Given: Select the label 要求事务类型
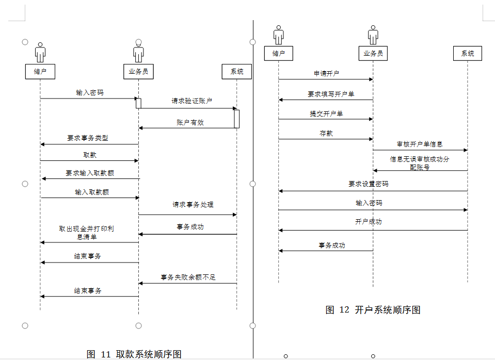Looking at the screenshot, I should [88, 138].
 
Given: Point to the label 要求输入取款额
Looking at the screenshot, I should [90, 173].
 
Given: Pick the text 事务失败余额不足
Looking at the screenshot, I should [188, 277].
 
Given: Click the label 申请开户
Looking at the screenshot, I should [327, 73].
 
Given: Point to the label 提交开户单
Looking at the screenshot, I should [326, 113].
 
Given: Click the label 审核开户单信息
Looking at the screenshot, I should [420, 144].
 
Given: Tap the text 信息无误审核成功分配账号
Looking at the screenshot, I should [420, 163].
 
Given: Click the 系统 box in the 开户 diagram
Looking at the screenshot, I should [468, 53].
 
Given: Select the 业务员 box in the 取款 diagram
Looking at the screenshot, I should [138, 71].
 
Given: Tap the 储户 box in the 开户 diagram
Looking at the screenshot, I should [279, 53].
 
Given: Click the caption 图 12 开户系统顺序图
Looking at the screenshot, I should [373, 309].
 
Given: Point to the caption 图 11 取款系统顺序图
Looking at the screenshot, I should [134, 354].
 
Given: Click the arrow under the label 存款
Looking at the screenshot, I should [326, 139].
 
